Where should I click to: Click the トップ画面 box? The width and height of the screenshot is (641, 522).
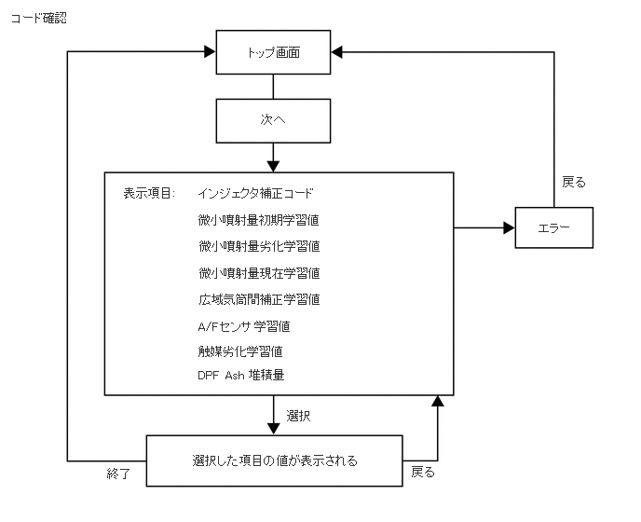(x=273, y=52)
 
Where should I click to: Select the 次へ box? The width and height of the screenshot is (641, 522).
(x=273, y=120)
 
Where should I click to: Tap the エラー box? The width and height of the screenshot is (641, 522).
(x=554, y=227)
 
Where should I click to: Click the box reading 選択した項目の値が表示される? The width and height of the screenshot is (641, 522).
(x=274, y=460)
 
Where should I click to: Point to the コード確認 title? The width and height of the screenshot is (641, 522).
(x=39, y=18)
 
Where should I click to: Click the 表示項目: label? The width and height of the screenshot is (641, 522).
(x=149, y=193)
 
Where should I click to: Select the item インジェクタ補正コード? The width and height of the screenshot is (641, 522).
(x=255, y=193)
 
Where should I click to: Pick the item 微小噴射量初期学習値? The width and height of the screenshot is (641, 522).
(x=258, y=220)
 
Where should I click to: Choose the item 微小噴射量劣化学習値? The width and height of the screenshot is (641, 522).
(x=259, y=246)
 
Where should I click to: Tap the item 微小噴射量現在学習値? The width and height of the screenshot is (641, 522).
(x=259, y=273)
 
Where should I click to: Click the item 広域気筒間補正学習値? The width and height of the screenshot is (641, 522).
(x=259, y=299)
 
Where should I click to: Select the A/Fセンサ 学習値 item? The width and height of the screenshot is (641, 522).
(x=244, y=326)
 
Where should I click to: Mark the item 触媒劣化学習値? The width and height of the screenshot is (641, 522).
(x=240, y=351)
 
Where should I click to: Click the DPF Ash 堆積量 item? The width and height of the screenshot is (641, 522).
(x=240, y=375)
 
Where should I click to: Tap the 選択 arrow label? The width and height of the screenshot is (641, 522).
(x=298, y=416)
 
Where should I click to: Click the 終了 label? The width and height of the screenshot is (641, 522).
(x=118, y=474)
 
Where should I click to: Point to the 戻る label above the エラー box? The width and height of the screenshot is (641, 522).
(x=574, y=182)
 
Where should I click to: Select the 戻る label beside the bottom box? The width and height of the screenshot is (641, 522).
(x=423, y=472)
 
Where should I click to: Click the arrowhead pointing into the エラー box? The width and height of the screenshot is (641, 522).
(x=509, y=227)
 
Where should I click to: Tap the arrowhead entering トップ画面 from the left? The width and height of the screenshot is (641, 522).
(x=210, y=51)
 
